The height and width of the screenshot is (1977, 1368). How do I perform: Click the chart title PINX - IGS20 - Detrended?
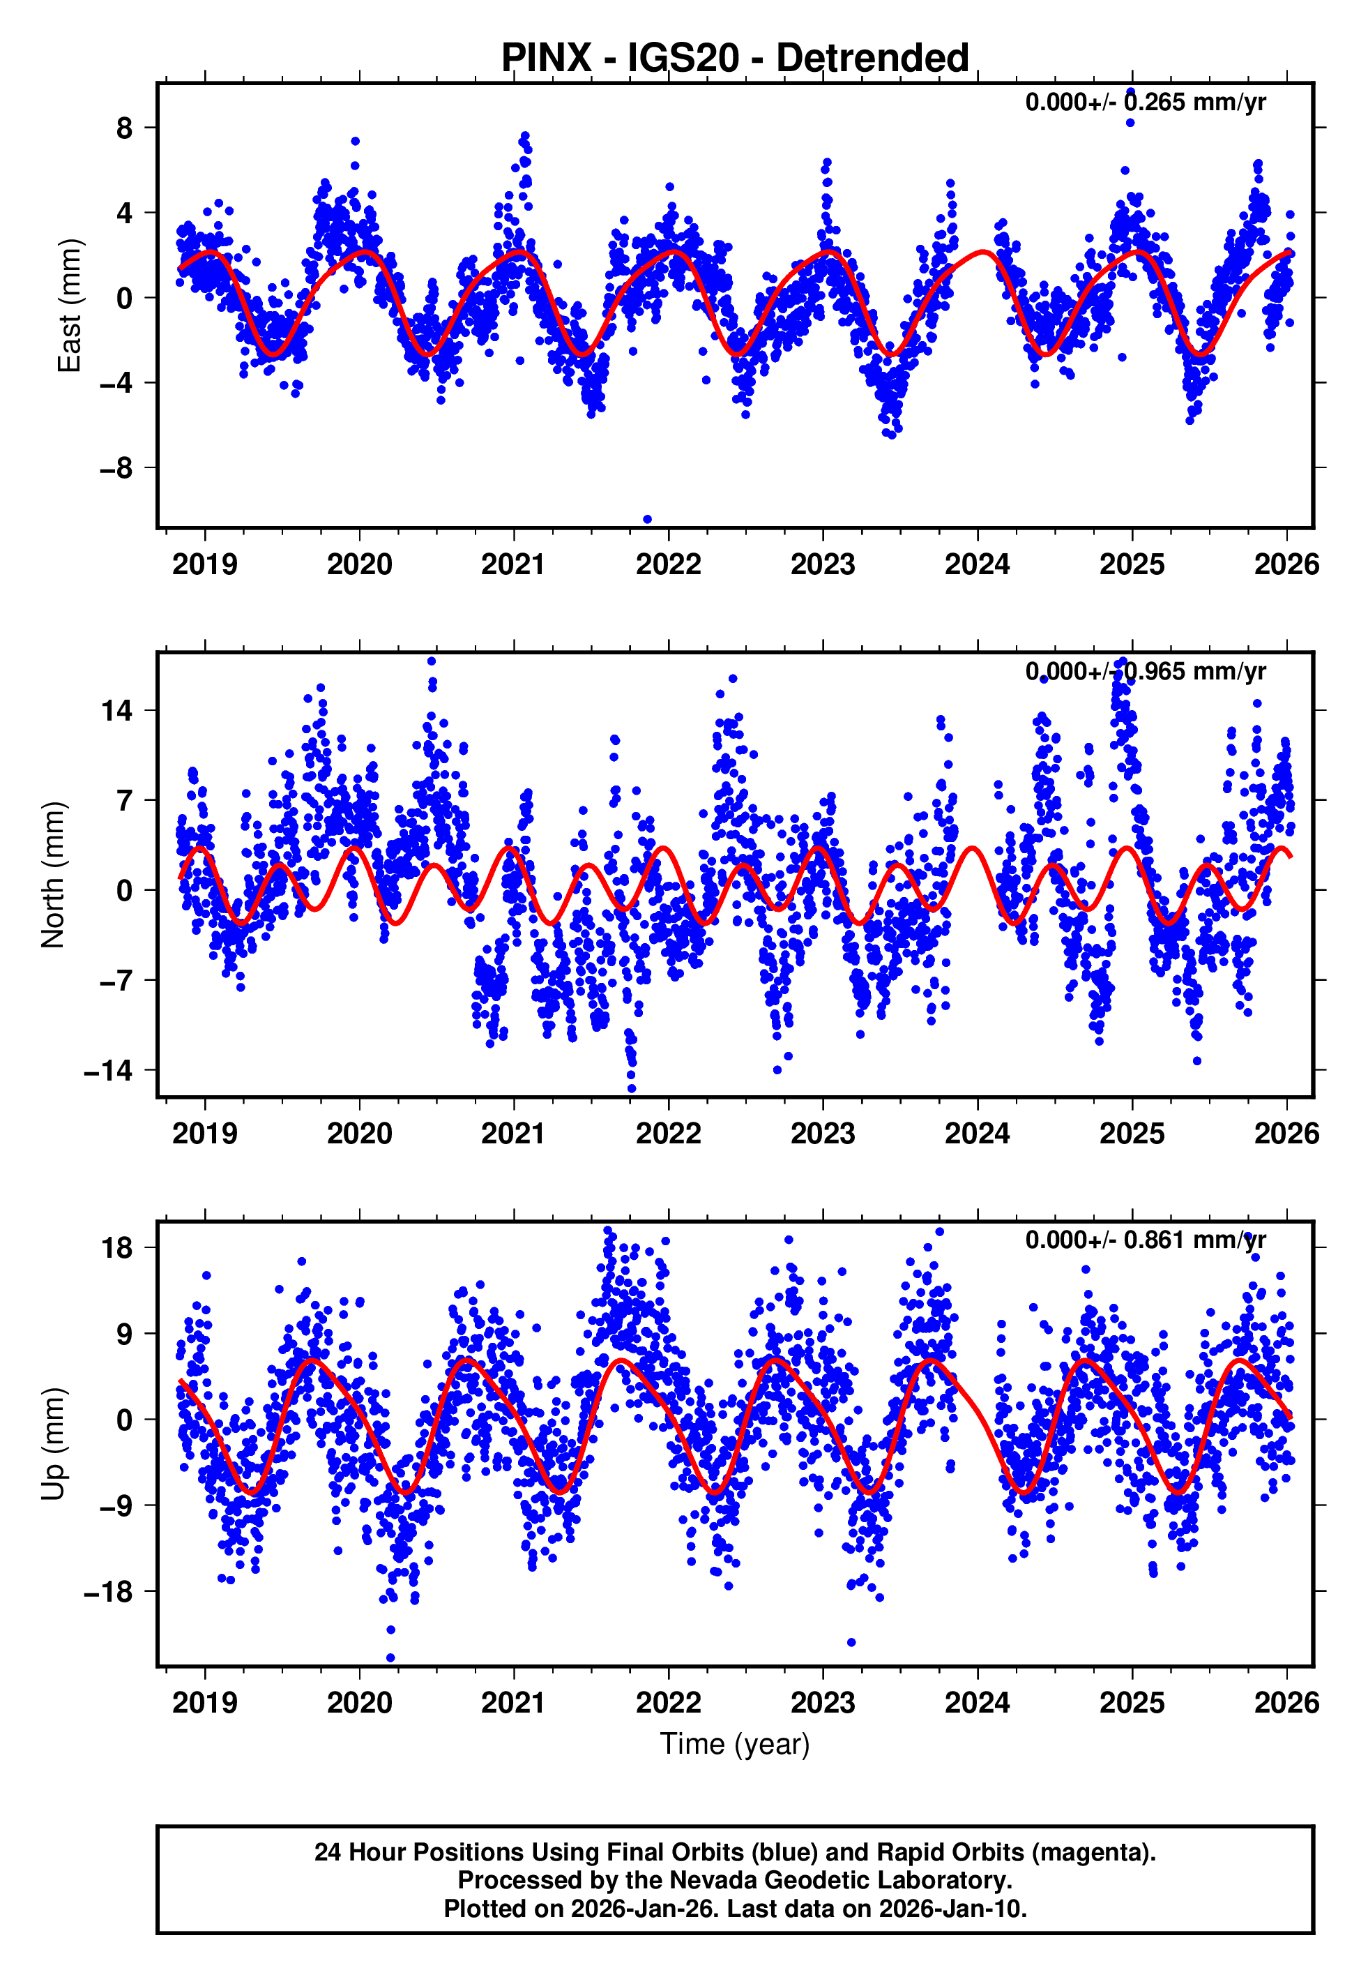click(735, 59)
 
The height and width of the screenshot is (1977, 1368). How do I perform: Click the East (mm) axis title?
click(68, 306)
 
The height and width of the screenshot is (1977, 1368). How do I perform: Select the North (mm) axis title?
click(53, 875)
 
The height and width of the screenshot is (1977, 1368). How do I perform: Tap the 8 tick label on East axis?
click(125, 128)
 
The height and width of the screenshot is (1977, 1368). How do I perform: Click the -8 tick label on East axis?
click(116, 468)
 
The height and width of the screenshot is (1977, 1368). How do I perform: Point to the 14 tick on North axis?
click(117, 710)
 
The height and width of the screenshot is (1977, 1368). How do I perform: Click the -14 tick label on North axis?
click(109, 1070)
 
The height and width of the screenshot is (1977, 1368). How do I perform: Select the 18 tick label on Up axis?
click(117, 1247)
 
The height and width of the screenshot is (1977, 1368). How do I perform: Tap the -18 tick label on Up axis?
click(109, 1591)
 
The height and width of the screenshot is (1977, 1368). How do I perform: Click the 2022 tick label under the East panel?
click(669, 564)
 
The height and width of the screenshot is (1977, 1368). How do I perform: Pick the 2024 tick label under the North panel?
click(977, 1134)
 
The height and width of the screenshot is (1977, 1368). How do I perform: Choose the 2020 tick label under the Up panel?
click(359, 1702)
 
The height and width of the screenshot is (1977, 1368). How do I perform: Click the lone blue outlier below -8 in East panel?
click(647, 520)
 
